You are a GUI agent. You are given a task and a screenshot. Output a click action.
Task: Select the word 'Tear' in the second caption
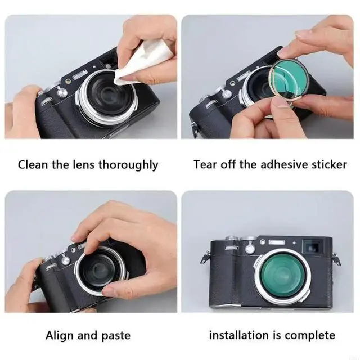point(205,164)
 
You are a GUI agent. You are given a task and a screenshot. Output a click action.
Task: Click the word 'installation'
point(238,335)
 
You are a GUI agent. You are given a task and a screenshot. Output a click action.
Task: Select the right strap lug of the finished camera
point(336,259)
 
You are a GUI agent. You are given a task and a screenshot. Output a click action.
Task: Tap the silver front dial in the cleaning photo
point(62,93)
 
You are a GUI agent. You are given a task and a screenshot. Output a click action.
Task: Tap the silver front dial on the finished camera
point(250,249)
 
